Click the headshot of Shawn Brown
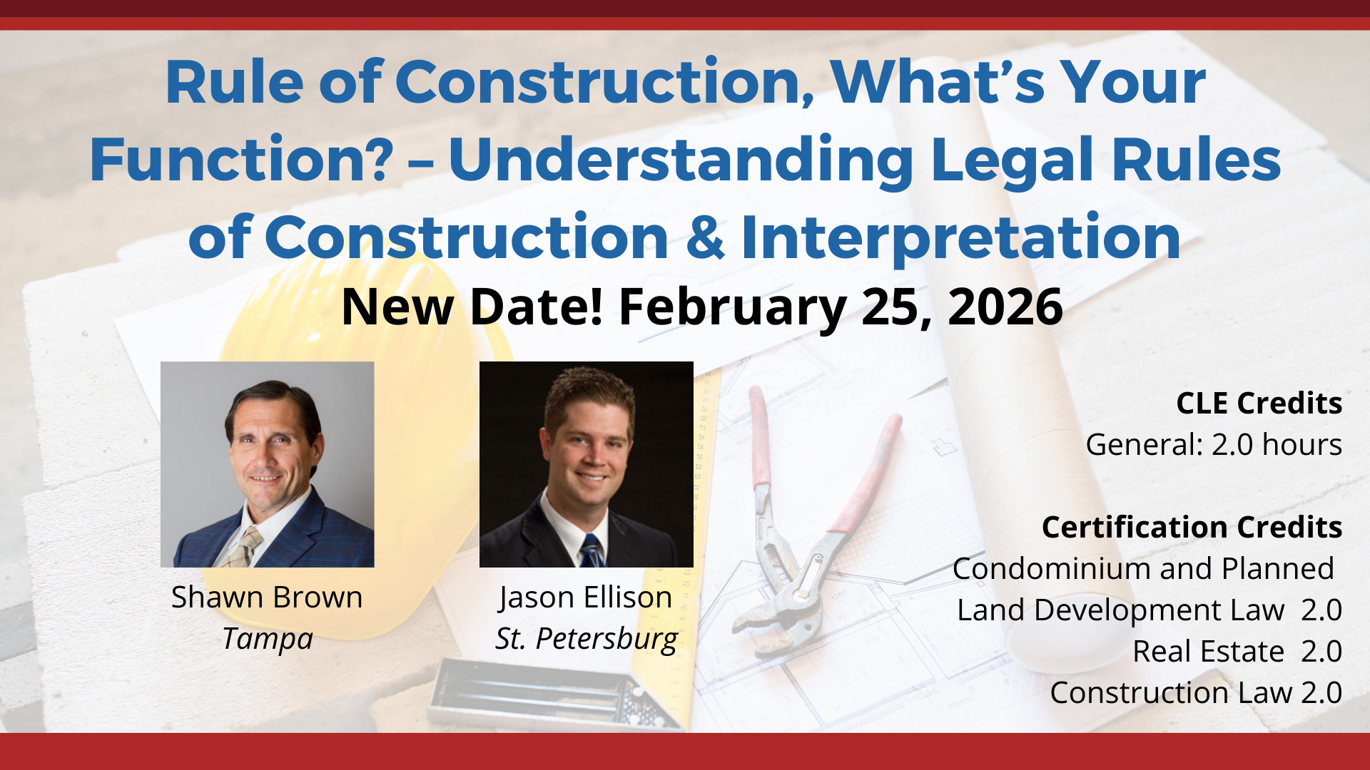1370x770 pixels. coord(267,463)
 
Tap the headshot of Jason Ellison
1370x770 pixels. coord(586,463)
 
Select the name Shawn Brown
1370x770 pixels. coord(267,597)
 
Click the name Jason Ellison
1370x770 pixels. coord(586,597)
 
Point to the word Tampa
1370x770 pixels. coord(268,639)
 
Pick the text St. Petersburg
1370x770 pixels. coord(586,639)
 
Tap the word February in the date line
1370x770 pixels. coord(732,307)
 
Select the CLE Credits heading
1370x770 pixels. coord(1259,404)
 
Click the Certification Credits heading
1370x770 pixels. coord(1192,528)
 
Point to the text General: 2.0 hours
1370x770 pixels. coord(1213,445)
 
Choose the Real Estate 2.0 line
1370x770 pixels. coord(1237,652)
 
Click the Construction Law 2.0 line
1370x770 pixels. coord(1196,693)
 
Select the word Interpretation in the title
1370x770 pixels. coord(960,238)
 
